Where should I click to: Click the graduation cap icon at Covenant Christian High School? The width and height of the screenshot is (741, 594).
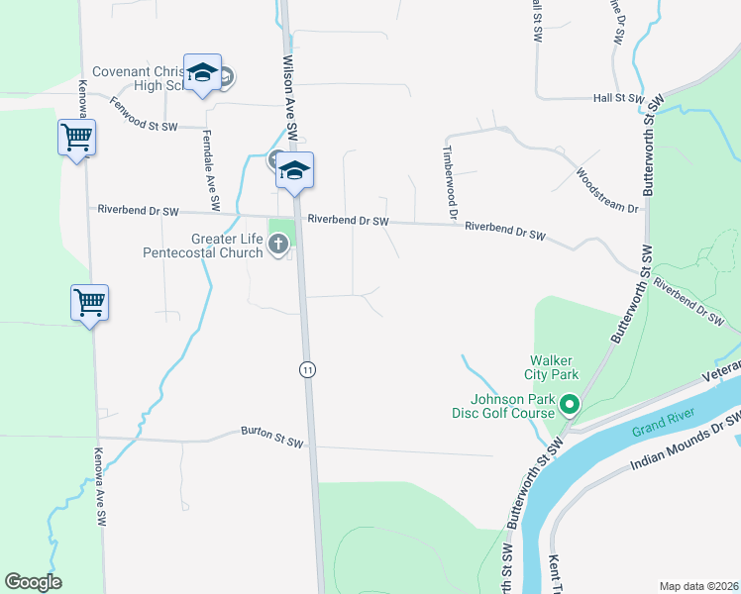coord(202,72)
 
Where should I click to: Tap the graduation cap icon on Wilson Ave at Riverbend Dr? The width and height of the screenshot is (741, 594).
coord(294,170)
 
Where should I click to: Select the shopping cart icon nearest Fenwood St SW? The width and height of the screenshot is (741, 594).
coord(76,138)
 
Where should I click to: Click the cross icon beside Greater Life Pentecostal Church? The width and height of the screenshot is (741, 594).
coord(279,242)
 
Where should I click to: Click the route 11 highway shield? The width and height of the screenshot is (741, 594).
coord(308,369)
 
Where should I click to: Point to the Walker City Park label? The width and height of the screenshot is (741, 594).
coord(553,367)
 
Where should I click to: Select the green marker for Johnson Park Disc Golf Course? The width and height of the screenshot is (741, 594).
coord(569,404)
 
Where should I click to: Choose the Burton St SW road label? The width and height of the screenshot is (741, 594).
coord(271,437)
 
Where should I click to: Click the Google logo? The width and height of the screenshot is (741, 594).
coord(33,582)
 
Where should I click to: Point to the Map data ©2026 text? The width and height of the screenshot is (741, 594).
coord(697,585)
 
